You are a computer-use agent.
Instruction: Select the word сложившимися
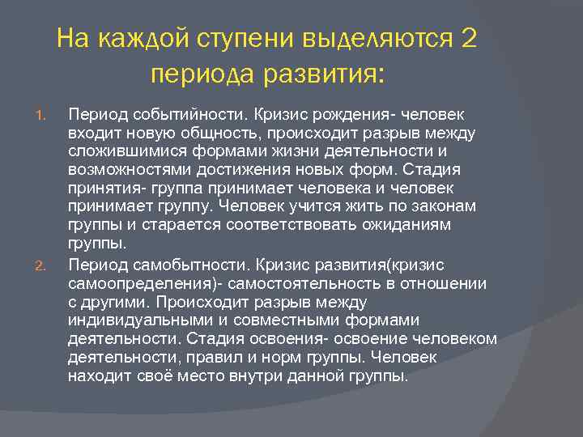point(122,151)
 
